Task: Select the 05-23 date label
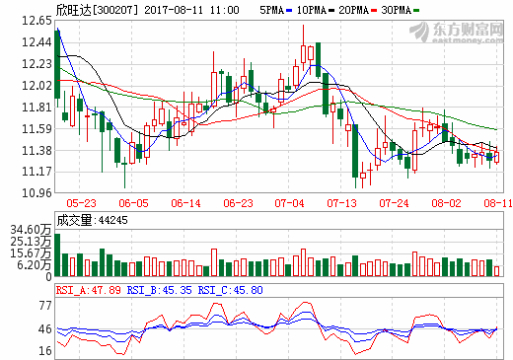click(81, 203)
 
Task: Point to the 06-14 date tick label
click(185, 203)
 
